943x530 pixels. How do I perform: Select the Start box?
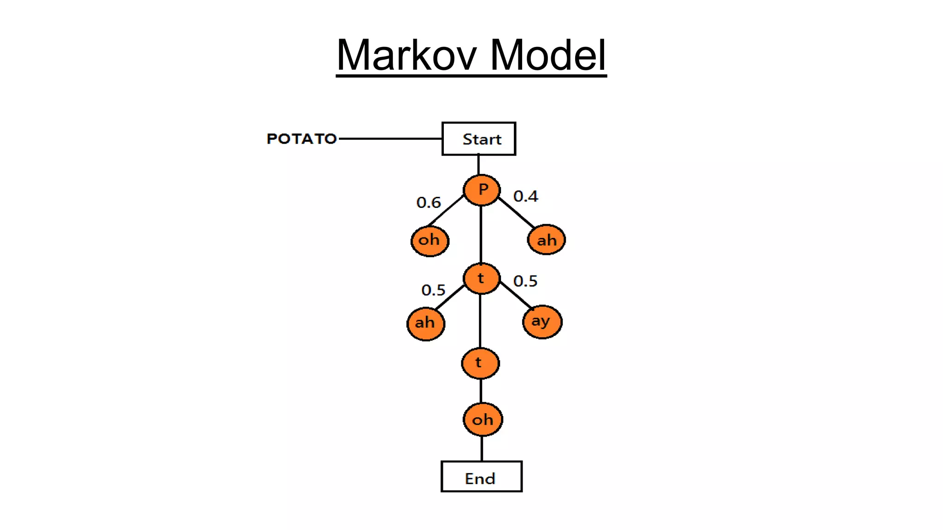coord(479,138)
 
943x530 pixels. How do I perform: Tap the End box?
coord(481,477)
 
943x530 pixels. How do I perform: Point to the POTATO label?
coord(302,138)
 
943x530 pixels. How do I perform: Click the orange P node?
coord(482,190)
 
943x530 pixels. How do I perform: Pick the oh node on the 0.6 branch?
coord(430,241)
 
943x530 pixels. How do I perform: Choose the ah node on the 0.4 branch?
coord(547,240)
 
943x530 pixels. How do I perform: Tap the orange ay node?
coord(542,322)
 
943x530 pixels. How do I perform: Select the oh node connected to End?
coord(483,420)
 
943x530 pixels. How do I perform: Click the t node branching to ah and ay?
coord(481,278)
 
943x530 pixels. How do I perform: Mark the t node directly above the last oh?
coord(480,363)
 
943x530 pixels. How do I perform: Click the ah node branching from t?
coord(425,323)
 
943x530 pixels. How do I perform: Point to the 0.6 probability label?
coord(428,202)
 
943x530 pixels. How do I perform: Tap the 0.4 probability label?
coord(525,196)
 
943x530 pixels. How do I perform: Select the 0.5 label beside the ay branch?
coord(525,281)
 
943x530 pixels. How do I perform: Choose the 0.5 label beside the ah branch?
coord(433,290)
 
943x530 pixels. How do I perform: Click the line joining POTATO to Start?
coord(390,138)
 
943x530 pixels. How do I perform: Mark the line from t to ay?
coord(516,295)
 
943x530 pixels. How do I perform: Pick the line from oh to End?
coord(482,449)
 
